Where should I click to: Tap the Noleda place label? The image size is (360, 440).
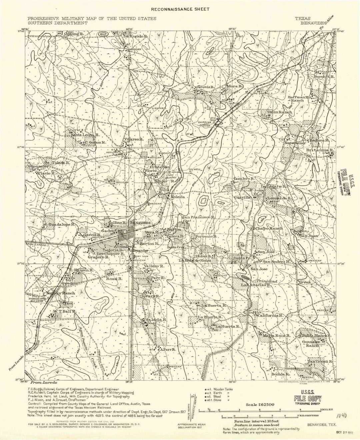click(178, 197)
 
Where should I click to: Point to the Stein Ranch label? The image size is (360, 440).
click(280, 112)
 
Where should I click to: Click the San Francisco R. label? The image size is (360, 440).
click(199, 217)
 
